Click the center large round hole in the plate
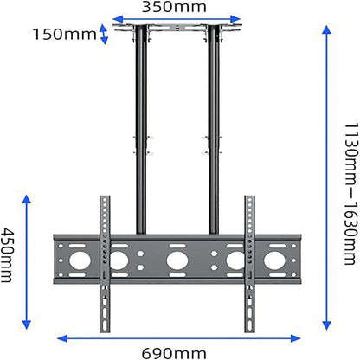(x=177, y=260)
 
